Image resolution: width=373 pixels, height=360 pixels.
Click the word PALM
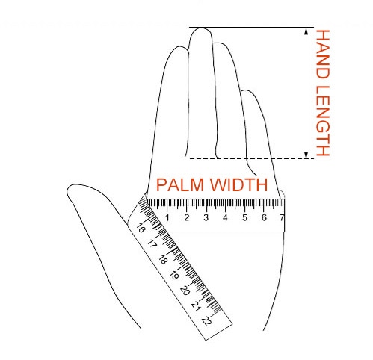(x=180, y=184)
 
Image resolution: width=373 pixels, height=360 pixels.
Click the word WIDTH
(x=238, y=184)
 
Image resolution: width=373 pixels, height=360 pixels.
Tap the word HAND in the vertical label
(x=323, y=55)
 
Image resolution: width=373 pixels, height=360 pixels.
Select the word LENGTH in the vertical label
(x=323, y=121)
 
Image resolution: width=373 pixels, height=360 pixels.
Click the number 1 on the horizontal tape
(x=167, y=217)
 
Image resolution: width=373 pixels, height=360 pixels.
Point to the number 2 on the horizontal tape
(x=187, y=217)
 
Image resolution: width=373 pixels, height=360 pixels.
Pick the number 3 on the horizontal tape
(x=206, y=217)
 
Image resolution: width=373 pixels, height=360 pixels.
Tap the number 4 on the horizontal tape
(x=225, y=217)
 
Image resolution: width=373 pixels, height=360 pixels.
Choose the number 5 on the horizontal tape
(x=244, y=217)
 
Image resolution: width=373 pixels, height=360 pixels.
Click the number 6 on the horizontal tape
(x=264, y=217)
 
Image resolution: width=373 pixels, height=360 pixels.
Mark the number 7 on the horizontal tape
(x=282, y=217)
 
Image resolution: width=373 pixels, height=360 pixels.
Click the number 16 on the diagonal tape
(x=141, y=228)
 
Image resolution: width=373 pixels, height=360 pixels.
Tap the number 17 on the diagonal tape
(x=152, y=243)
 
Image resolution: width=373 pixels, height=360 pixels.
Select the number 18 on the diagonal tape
(x=163, y=260)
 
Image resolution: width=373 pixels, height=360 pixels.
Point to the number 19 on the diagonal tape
(x=174, y=276)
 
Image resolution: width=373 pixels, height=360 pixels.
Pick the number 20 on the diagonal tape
(x=185, y=291)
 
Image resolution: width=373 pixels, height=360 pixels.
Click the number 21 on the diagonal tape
(x=196, y=306)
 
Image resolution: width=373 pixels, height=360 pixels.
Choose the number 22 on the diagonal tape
(x=207, y=321)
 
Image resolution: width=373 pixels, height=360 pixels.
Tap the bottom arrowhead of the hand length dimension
(x=306, y=155)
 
